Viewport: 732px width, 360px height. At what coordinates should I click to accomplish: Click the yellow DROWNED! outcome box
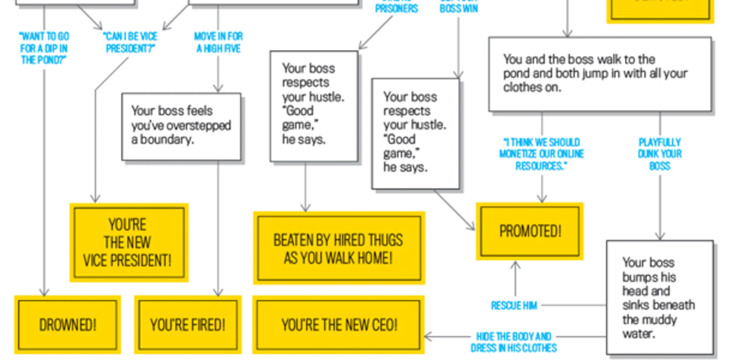[x=68, y=325]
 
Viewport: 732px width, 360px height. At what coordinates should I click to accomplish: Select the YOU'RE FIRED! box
[x=188, y=325]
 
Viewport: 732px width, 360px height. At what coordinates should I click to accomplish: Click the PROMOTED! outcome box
[x=530, y=231]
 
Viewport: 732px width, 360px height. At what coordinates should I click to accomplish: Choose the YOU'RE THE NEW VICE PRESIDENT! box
[x=129, y=242]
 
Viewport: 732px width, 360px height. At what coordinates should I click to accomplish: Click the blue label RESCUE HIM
[x=514, y=306]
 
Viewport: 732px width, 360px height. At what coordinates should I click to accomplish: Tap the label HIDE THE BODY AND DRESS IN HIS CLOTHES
[x=513, y=342]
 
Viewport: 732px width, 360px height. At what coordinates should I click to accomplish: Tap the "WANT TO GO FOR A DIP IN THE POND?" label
[x=44, y=48]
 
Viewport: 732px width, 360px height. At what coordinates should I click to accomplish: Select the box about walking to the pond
[x=600, y=74]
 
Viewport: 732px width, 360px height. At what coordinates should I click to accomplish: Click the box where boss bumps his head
[x=659, y=297]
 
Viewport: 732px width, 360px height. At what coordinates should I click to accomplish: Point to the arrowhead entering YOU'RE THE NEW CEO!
[x=428, y=337]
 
